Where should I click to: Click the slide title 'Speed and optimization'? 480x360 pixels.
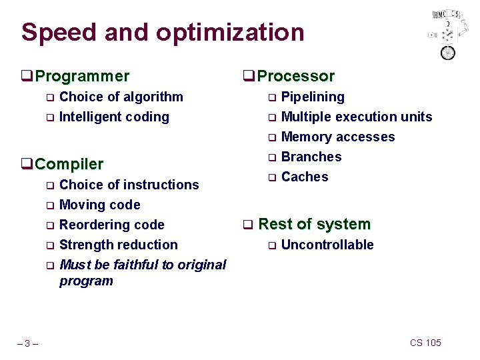point(163,32)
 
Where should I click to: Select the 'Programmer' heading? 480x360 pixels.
point(82,77)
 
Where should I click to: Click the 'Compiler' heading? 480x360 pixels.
point(69,164)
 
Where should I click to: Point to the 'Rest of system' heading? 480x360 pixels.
point(313,224)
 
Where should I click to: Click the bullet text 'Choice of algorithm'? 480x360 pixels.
point(121,97)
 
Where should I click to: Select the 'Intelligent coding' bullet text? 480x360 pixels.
point(114,117)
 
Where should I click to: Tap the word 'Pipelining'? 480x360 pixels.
point(313,97)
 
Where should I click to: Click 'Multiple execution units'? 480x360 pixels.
point(357,117)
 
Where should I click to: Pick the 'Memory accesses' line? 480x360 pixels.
point(338,137)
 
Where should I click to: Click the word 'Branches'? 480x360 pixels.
point(311,157)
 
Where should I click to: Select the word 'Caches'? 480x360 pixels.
point(305,177)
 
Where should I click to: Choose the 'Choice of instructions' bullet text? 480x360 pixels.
point(129,185)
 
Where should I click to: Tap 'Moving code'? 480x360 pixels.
point(99,205)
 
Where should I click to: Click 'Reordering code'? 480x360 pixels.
point(111,225)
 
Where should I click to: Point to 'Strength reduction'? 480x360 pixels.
point(118,245)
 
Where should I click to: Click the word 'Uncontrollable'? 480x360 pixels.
point(327,245)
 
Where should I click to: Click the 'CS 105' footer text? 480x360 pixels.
point(425,343)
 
